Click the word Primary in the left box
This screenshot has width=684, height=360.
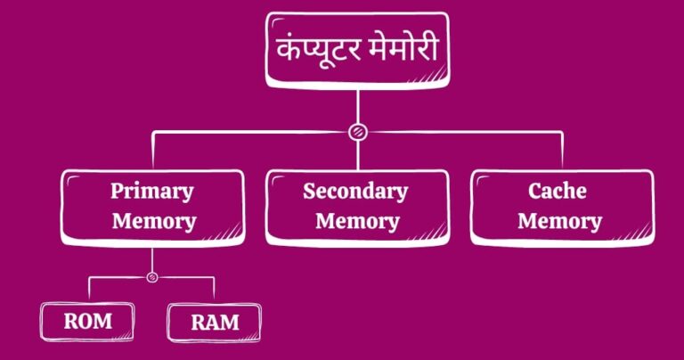(151, 191)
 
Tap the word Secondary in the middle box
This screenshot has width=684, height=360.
(355, 191)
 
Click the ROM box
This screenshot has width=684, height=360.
(87, 321)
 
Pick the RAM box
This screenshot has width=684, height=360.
(214, 322)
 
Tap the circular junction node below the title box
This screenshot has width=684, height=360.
(356, 133)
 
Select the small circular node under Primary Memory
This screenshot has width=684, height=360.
(152, 277)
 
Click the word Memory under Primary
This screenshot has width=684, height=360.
(153, 221)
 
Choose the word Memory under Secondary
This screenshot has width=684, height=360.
(355, 221)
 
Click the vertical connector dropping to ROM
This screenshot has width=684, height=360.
(90, 290)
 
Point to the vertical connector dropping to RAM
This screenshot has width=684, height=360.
(215, 290)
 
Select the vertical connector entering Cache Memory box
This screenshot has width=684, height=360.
(562, 150)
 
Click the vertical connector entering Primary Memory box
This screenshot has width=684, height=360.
(152, 150)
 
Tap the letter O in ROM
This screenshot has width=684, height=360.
(86, 321)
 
